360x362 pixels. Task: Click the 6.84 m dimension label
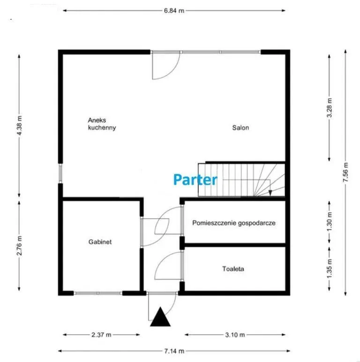click(174, 11)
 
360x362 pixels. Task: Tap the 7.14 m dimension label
click(174, 351)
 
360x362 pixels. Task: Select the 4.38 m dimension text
click(19, 126)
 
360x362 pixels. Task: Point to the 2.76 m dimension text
click(19, 245)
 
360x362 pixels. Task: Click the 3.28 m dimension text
click(330, 107)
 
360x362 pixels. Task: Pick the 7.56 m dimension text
click(345, 172)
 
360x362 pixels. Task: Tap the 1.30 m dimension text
click(330, 222)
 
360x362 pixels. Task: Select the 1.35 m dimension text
click(330, 269)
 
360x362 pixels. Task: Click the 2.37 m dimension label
click(101, 334)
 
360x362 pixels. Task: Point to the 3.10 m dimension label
click(235, 334)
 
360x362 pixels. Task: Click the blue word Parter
click(195, 180)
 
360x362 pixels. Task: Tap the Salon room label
click(240, 128)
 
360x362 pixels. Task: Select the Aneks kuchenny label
click(102, 124)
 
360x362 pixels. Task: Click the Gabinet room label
click(100, 242)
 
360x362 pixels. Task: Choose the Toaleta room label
click(233, 269)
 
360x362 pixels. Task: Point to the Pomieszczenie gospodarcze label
click(234, 223)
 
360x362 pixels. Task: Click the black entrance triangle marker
click(160, 317)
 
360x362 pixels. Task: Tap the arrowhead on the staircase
click(270, 193)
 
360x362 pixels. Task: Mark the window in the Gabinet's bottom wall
click(98, 293)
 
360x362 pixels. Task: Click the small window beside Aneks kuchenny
click(60, 173)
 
